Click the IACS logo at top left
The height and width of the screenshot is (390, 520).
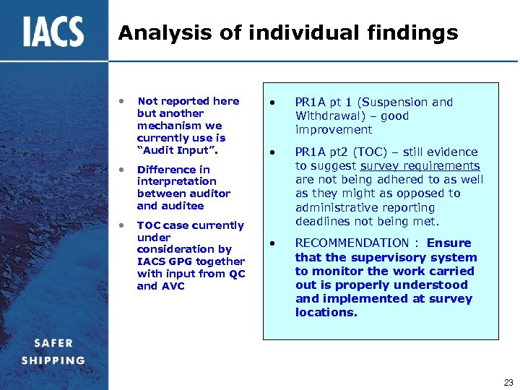53,32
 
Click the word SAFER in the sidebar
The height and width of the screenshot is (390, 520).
47,344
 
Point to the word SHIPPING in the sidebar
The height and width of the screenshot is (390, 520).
53,360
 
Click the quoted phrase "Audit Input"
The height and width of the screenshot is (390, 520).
177,150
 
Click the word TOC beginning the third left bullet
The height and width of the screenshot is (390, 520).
149,225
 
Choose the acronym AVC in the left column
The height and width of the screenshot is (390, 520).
173,286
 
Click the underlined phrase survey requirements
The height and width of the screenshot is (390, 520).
420,166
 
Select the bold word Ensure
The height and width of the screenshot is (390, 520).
448,243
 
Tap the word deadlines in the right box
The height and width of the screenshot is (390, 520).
324,221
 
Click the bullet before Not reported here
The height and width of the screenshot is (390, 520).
123,101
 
